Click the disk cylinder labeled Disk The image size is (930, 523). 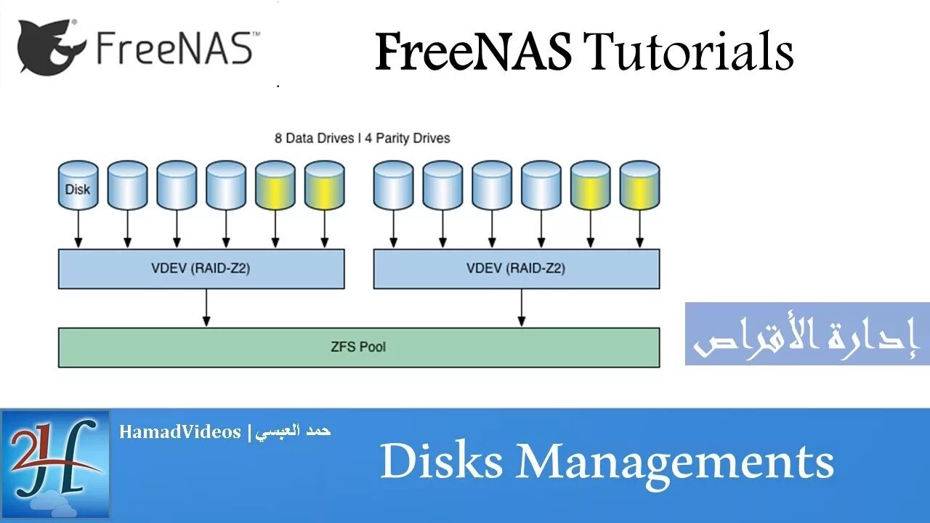click(x=78, y=186)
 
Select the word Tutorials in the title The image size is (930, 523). click(x=688, y=53)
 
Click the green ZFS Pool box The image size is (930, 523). click(x=359, y=347)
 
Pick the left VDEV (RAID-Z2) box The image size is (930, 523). click(x=201, y=269)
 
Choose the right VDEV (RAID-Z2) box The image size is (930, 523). click(x=516, y=269)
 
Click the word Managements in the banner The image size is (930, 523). click(x=675, y=462)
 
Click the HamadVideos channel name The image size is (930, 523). click(x=180, y=432)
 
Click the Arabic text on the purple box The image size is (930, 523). click(x=806, y=336)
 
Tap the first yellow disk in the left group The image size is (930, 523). click(x=275, y=186)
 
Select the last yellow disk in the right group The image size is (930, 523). click(x=639, y=186)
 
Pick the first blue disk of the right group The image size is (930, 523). click(x=393, y=186)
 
